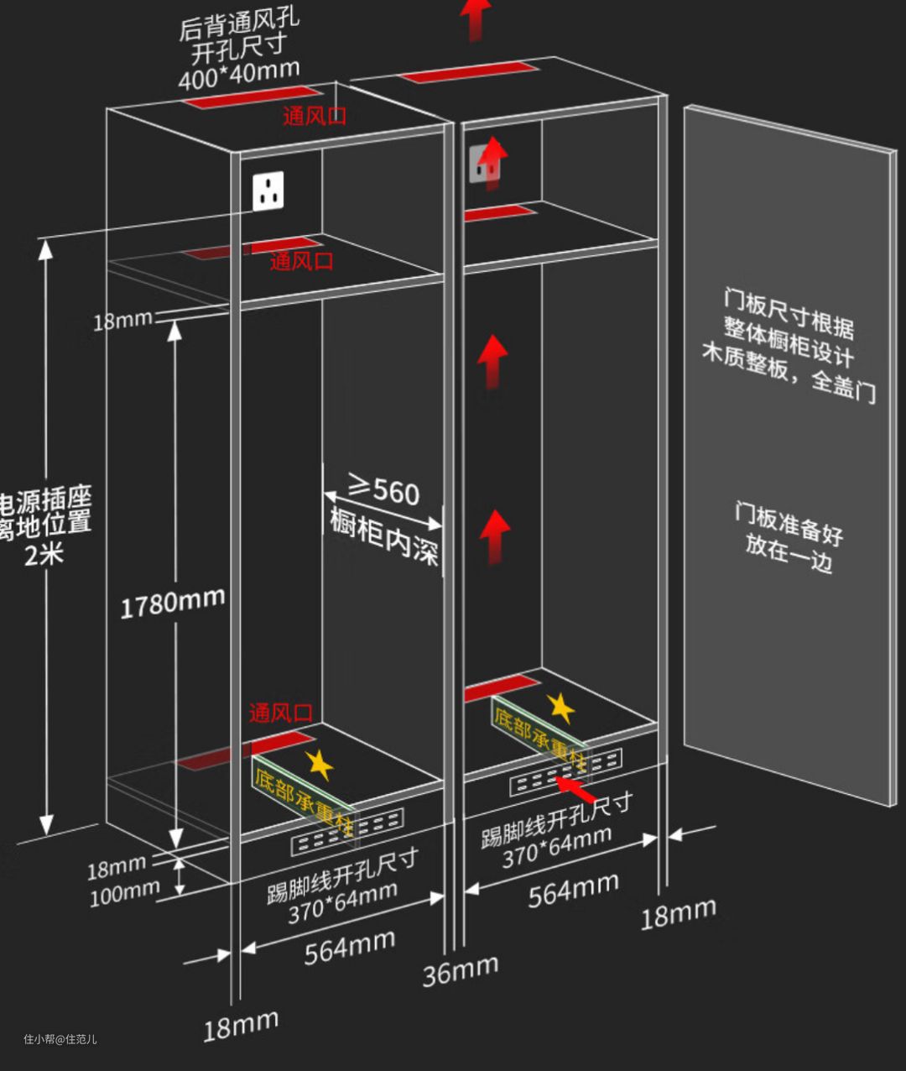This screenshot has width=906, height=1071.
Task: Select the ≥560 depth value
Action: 385,489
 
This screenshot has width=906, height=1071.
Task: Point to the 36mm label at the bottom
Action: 460,970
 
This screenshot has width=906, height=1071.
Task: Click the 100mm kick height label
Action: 124,893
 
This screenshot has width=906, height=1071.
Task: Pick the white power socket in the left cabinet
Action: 268,191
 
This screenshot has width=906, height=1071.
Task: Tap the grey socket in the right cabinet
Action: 484,163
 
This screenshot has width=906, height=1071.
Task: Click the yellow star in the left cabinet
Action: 319,765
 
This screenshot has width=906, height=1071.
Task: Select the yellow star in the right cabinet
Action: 560,709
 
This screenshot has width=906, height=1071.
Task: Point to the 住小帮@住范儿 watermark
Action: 60,1039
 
